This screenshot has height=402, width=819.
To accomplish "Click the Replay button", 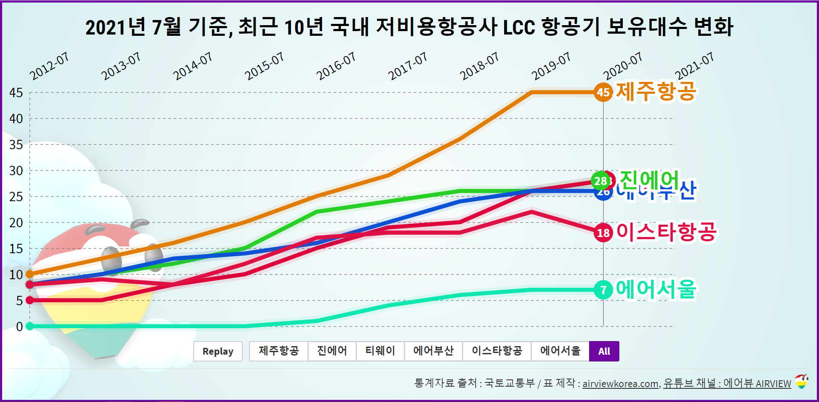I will point(218,351).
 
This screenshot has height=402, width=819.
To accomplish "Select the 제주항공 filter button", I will point(279,351).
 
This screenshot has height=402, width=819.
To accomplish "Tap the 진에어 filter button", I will point(332,351).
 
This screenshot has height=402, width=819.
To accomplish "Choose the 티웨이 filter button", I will point(380,351).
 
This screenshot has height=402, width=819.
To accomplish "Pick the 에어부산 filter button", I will point(433,351).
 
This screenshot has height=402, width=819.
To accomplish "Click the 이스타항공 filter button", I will point(497,351).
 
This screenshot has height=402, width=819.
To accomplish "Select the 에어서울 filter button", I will point(560,351).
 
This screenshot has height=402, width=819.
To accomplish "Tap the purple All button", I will point(604,351).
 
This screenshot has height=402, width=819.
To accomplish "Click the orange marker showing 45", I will point(603,92).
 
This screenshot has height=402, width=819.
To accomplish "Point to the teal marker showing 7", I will point(603,290).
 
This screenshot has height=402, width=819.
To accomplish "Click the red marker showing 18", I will point(603,233).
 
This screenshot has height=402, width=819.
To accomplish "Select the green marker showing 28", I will point(600,181).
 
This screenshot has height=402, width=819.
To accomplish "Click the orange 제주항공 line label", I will point(656,91).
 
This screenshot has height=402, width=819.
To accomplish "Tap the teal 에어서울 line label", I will point(656,289).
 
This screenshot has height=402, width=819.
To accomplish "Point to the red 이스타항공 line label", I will point(667,232).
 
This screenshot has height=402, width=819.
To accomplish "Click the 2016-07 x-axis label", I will point(336,67).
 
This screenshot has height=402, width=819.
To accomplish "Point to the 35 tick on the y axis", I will point(16,145).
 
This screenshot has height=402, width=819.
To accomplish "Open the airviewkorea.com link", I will point(621,384).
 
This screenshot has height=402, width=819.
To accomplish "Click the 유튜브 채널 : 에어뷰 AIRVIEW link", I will point(727,384).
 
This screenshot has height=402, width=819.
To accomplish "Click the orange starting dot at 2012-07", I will point(30,274).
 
